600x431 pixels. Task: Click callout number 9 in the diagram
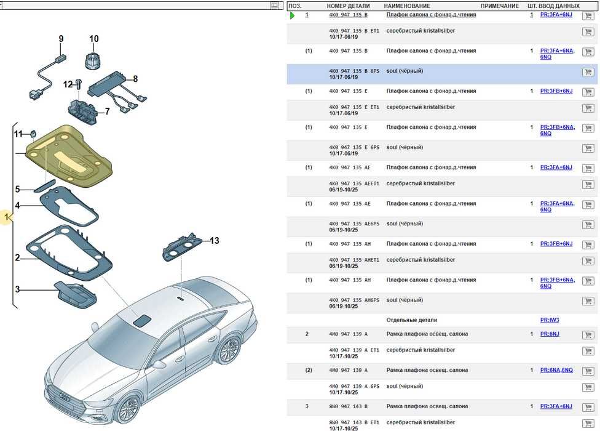[x=61, y=39]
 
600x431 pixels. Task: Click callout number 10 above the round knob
[x=93, y=39]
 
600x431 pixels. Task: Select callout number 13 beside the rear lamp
[x=214, y=240]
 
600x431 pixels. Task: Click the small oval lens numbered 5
[x=44, y=186]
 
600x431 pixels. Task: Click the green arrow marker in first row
[x=293, y=15]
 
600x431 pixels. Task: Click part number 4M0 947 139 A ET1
[x=354, y=350]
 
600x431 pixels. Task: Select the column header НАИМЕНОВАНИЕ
[x=407, y=6]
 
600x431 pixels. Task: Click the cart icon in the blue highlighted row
[x=587, y=72]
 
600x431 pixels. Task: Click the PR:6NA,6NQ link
[x=556, y=370]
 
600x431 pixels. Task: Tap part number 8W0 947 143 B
[x=349, y=406]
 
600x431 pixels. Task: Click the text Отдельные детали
[x=411, y=320]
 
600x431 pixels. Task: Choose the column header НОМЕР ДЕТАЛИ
[x=350, y=6]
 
